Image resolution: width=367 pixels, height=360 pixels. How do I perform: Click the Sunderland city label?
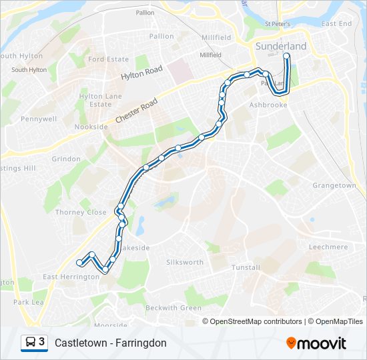click(x=281, y=46)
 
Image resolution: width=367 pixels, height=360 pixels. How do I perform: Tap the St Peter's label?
click(x=276, y=24)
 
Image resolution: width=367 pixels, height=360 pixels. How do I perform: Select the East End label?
click(x=336, y=24)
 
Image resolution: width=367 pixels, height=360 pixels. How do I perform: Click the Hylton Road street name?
click(x=141, y=73)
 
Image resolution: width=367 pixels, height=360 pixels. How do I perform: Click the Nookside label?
click(x=91, y=127)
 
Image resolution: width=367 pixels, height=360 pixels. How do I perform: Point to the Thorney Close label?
click(x=81, y=213)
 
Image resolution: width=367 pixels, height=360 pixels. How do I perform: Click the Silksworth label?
click(x=185, y=263)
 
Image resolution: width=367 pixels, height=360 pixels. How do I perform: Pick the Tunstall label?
click(x=246, y=267)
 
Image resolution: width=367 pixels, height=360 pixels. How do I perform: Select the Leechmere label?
click(x=328, y=247)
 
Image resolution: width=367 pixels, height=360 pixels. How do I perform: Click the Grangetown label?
click(x=334, y=185)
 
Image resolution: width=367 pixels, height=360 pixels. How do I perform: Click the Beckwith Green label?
click(x=173, y=308)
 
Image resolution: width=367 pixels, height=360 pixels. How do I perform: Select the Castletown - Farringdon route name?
click(x=111, y=343)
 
